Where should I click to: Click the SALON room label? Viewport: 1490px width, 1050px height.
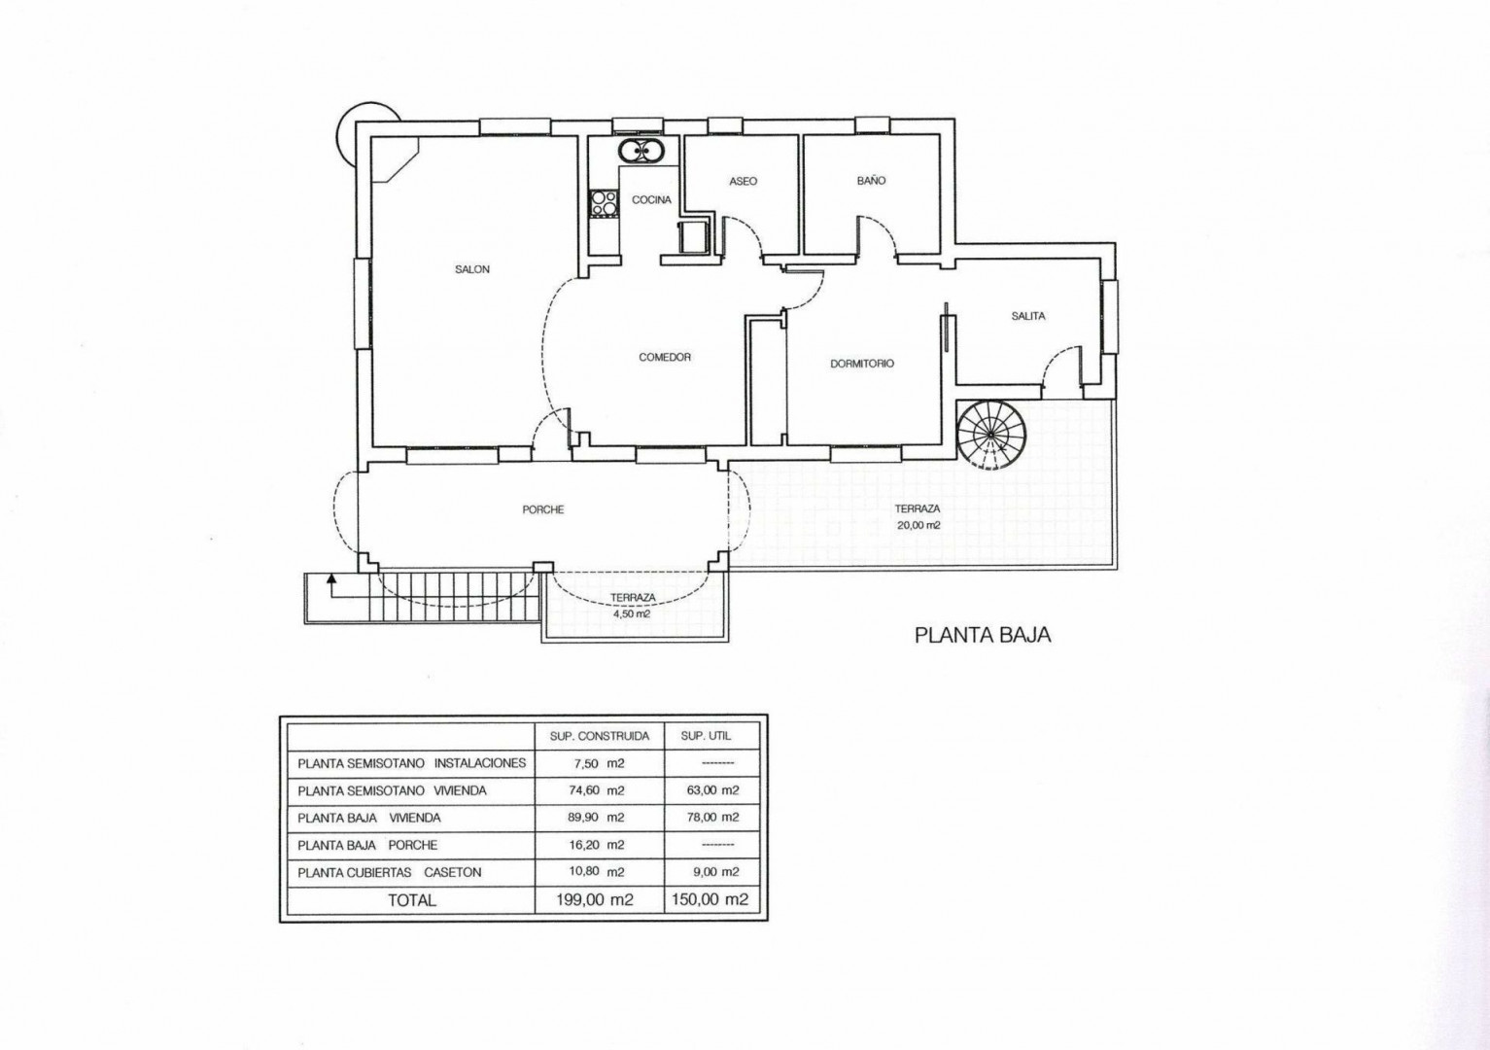tap(472, 269)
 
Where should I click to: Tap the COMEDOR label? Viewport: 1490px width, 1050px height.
tap(665, 358)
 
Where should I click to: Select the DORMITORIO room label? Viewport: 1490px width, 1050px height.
tap(862, 364)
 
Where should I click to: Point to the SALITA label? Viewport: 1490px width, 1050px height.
tap(1028, 316)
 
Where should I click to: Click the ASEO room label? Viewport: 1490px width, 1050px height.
tap(743, 181)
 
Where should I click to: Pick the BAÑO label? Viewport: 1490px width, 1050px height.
tap(872, 180)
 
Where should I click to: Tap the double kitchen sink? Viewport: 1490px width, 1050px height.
tap(640, 151)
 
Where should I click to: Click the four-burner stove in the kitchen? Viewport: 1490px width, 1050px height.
tap(604, 203)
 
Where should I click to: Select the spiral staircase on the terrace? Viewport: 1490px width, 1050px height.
tap(990, 434)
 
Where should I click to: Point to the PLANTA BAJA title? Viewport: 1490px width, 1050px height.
tap(983, 635)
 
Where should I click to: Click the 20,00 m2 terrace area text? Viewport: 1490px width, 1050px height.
tap(918, 524)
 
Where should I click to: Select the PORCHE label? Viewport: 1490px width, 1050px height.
tap(542, 509)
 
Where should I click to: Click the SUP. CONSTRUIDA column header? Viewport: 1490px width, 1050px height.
tap(600, 736)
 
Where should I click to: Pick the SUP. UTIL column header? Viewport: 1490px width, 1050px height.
tap(706, 736)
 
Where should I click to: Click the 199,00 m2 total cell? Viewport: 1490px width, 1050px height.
tap(595, 900)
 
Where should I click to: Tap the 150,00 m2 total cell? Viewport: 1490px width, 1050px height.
tap(710, 899)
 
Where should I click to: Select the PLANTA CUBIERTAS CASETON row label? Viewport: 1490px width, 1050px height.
tap(389, 872)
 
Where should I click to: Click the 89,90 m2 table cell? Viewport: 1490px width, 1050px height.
tap(596, 817)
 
